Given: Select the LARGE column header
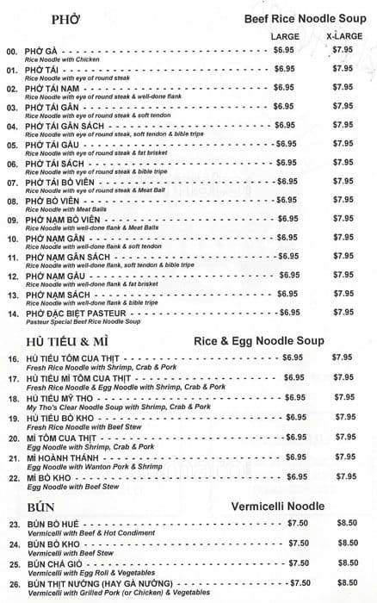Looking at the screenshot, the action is pyautogui.click(x=285, y=36).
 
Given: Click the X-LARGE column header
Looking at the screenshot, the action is pyautogui.click(x=343, y=36).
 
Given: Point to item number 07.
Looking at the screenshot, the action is pyautogui.click(x=12, y=183).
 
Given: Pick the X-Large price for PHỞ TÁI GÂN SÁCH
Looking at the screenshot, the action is pyautogui.click(x=343, y=125).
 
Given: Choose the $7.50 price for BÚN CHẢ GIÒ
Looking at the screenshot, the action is pyautogui.click(x=299, y=563).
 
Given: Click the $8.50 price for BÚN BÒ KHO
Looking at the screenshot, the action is pyautogui.click(x=347, y=543).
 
